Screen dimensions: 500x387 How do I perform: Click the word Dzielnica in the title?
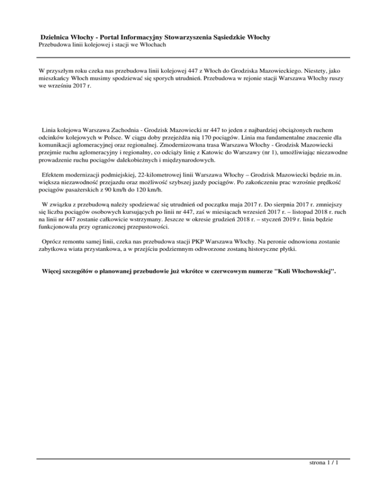pyautogui.click(x=57, y=37)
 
